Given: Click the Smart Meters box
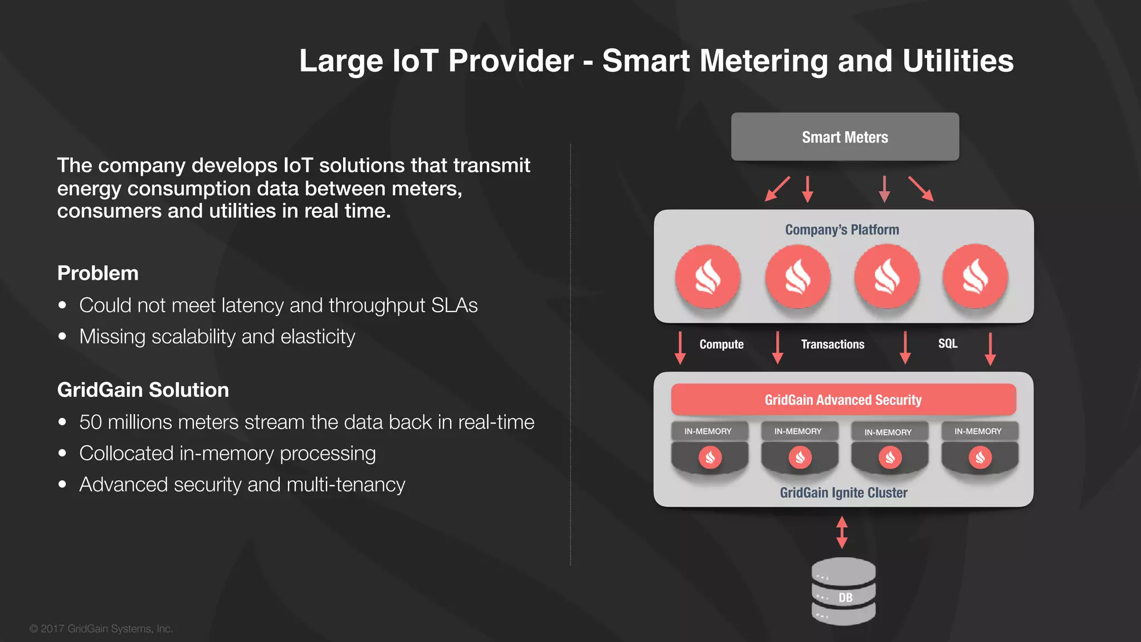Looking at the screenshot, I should tap(845, 137).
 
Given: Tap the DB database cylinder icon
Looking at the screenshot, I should tap(843, 592).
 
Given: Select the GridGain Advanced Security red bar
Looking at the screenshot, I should tap(843, 400).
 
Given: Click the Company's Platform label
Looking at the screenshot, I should tap(842, 230).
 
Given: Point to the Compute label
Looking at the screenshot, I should tap(721, 344).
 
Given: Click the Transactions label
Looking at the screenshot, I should tap(832, 344).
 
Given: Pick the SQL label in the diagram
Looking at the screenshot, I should tap(947, 344).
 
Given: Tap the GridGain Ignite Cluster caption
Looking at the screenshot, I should tap(843, 493).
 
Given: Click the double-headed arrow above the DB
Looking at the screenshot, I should tap(842, 532).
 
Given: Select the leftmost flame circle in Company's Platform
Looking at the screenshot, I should tap(708, 277).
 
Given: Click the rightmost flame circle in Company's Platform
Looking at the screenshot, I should tap(975, 277).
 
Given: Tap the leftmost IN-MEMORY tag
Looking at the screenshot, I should tap(708, 431).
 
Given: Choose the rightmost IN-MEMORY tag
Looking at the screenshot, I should tap(978, 431).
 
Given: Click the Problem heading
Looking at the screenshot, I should tap(98, 273).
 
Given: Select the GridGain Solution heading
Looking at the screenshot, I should tap(143, 390).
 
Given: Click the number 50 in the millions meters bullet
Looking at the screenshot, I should tap(90, 422).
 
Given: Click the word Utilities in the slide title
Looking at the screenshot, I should tap(958, 61).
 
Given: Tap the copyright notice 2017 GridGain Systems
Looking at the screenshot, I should tap(101, 629).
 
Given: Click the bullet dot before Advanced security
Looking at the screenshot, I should tap(62, 485).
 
